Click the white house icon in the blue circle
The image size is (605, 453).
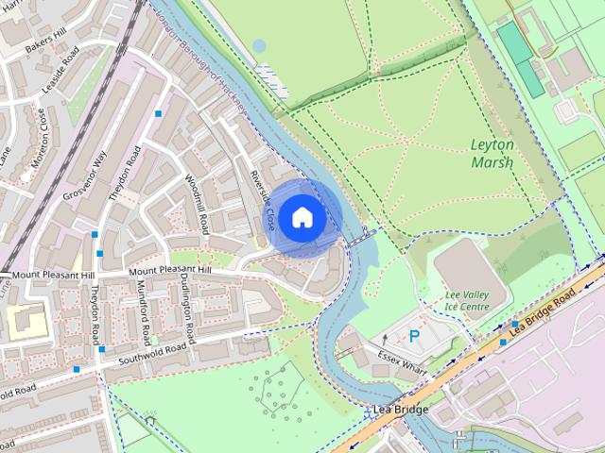click(x=302, y=217)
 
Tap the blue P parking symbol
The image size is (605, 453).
click(x=414, y=336)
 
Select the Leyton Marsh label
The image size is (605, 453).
click(x=492, y=153)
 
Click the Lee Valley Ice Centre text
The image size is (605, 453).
click(x=467, y=300)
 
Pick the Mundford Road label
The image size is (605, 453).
click(x=145, y=312)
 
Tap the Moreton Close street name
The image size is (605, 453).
click(x=40, y=137)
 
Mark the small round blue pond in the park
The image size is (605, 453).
click(x=259, y=45)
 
